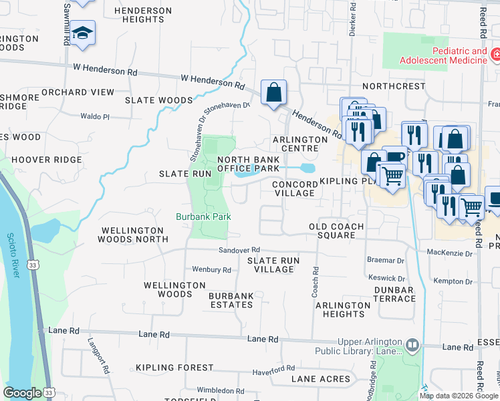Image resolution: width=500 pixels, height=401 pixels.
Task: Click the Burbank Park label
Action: pos(203,217)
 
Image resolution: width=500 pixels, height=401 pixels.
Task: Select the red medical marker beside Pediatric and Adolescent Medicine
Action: pos(496,54)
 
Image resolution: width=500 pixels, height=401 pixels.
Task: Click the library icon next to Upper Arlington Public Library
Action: pos(412,345)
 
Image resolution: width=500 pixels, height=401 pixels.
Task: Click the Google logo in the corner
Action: pos(23,393)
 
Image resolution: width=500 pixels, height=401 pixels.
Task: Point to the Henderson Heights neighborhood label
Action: pos(142,15)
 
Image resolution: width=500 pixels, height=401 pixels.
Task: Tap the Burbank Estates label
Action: pos(230,300)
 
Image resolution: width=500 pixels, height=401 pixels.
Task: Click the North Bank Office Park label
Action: pos(248,164)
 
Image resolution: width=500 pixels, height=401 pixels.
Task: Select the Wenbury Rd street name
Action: pos(211,270)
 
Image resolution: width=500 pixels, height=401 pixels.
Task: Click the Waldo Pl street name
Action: pos(94,116)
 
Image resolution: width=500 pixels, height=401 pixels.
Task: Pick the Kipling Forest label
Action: pos(174,368)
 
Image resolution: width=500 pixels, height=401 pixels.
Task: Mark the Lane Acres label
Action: pos(320,379)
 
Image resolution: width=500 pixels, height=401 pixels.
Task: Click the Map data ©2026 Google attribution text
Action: pos(458,395)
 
